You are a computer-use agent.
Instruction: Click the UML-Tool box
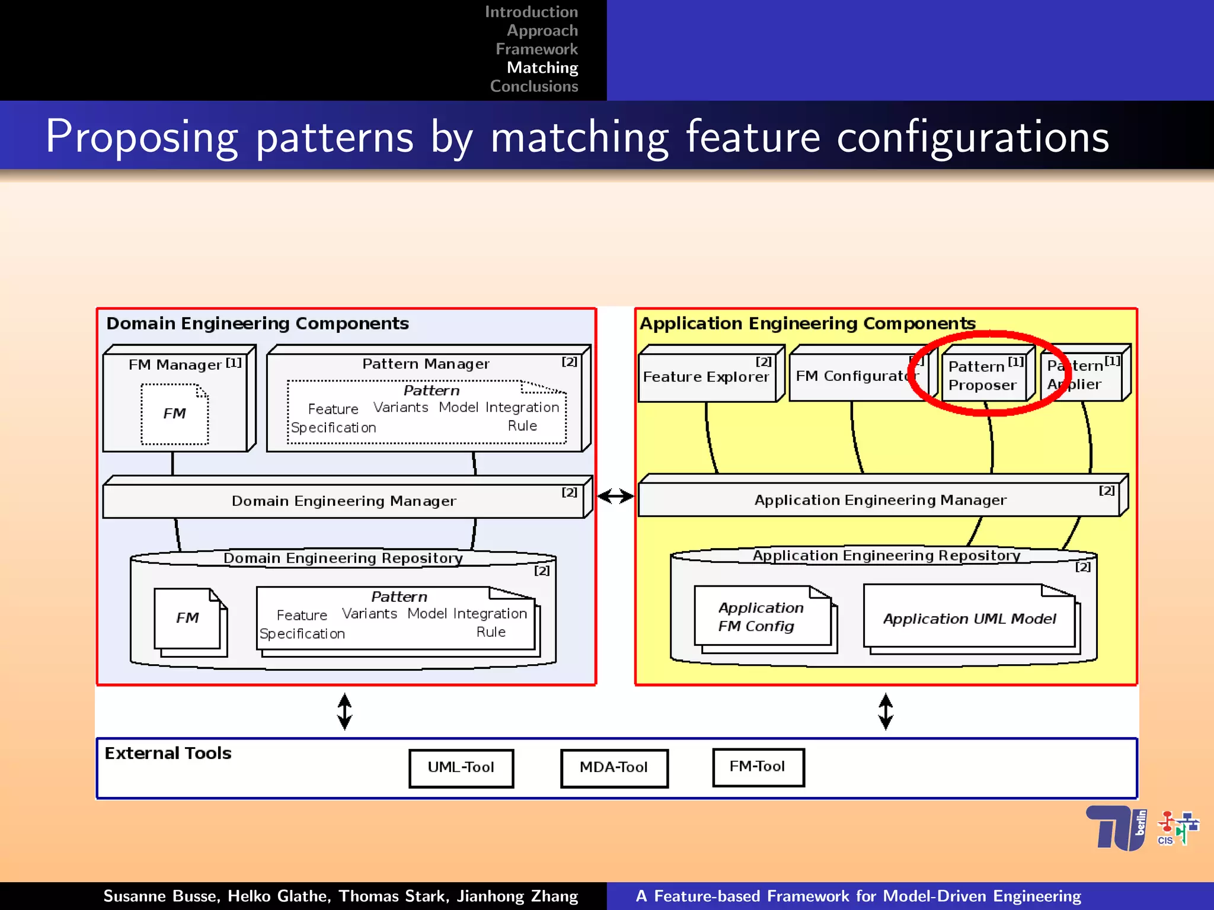tap(461, 768)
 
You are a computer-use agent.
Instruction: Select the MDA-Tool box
tap(614, 768)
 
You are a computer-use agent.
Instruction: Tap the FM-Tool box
tap(758, 767)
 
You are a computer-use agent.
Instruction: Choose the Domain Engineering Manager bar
tap(344, 501)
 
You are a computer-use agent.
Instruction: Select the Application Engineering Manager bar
tap(880, 501)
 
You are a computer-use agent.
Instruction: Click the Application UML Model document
tap(969, 619)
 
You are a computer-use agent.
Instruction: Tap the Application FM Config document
tap(762, 617)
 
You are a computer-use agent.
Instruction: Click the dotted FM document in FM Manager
tap(175, 414)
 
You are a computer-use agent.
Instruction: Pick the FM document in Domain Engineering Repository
tap(188, 619)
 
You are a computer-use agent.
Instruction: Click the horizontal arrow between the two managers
tap(616, 496)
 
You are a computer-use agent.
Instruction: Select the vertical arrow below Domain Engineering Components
tap(345, 712)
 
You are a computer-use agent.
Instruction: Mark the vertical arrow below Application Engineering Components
tap(886, 712)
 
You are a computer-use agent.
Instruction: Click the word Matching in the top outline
tap(542, 68)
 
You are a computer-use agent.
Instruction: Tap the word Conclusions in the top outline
tap(534, 86)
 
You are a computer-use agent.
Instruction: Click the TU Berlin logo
tap(1116, 828)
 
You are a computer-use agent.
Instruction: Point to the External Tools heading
tap(168, 754)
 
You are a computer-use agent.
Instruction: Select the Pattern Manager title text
tap(426, 364)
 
